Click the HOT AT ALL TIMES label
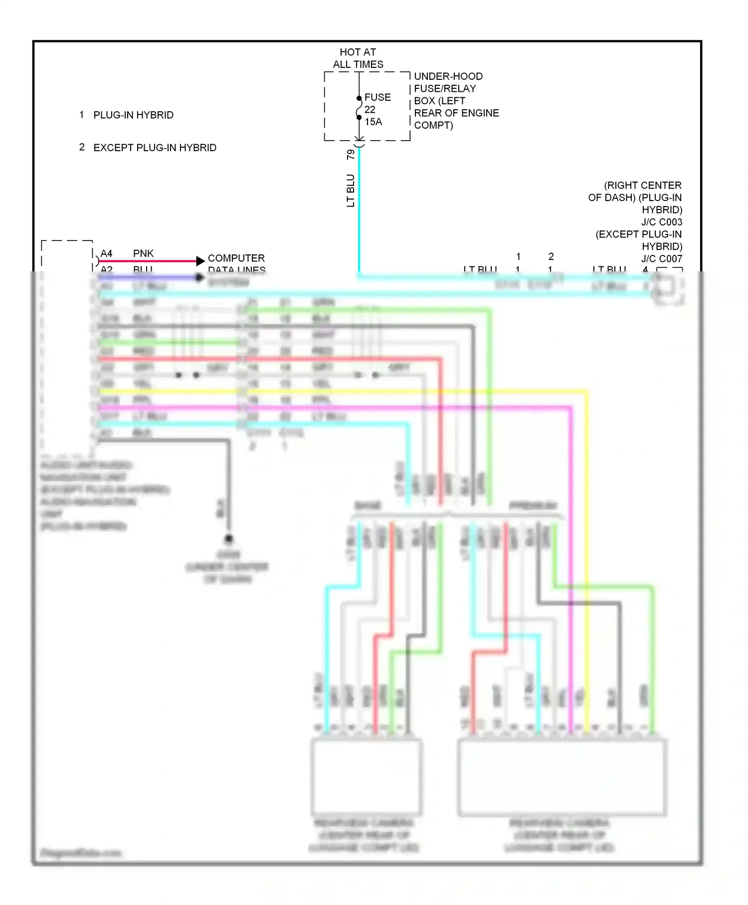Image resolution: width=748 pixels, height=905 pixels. coord(358,58)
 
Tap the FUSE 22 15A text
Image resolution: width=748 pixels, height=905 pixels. coord(377,109)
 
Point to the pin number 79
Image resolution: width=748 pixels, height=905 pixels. coord(351,155)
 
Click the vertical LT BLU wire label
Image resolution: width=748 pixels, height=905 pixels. coord(351,190)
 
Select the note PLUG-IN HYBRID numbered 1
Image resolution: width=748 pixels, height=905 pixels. coord(133,115)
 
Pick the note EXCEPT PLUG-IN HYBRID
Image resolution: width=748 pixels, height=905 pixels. coord(155,148)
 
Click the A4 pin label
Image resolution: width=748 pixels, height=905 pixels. coord(106,253)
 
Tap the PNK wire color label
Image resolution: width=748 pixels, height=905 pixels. coord(143,253)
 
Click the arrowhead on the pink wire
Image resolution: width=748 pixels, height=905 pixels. coord(200,260)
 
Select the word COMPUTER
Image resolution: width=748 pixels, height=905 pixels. coord(236,258)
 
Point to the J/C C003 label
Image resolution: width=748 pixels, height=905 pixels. coord(661,222)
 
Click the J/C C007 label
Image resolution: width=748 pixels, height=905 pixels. coord(661,258)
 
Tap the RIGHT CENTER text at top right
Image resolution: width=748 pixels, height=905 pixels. coord(642,185)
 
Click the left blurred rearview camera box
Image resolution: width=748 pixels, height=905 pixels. coord(366,777)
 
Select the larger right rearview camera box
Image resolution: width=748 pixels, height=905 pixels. coord(561,778)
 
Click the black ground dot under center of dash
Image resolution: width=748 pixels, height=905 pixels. coord(228,539)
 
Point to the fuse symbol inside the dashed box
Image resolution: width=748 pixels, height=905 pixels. coord(359,108)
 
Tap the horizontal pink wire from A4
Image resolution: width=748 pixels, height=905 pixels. coord(150,260)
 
